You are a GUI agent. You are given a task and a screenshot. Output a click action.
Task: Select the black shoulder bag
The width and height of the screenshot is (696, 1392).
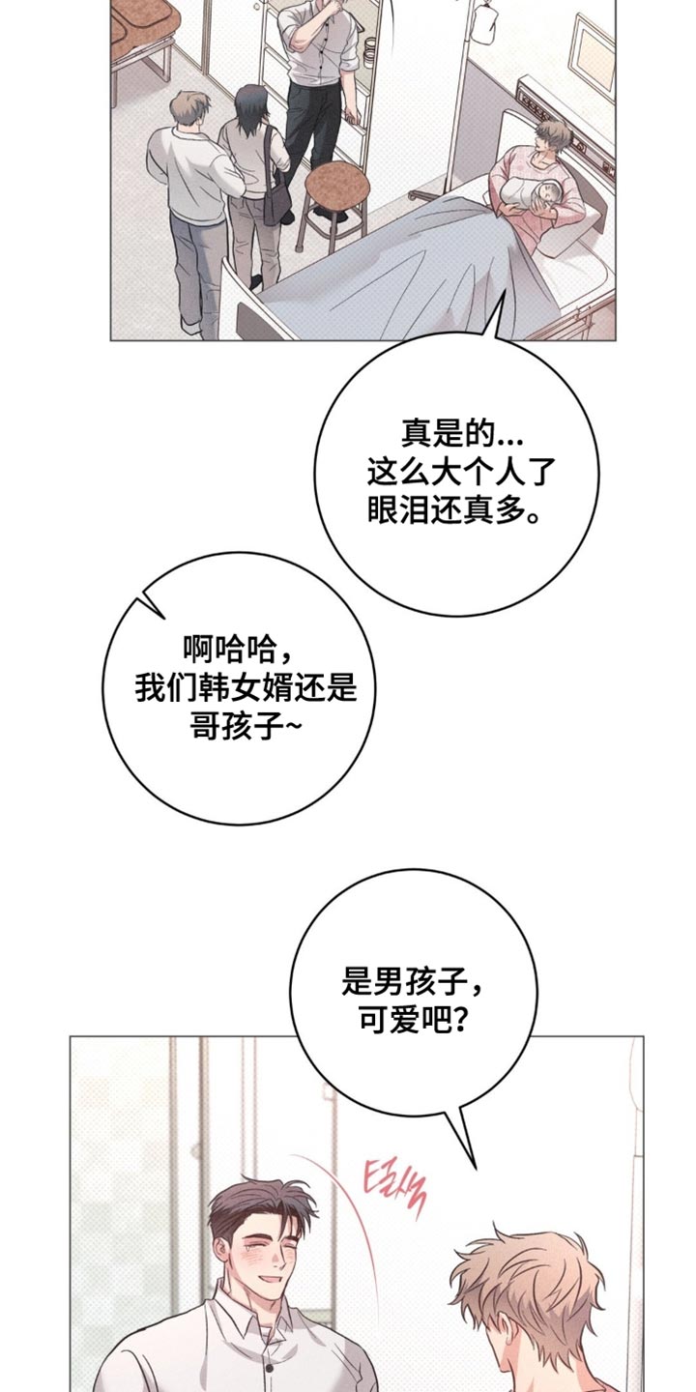[x=276, y=200]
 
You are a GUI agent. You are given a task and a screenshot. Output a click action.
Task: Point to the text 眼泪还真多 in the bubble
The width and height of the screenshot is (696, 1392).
[x=453, y=510]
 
